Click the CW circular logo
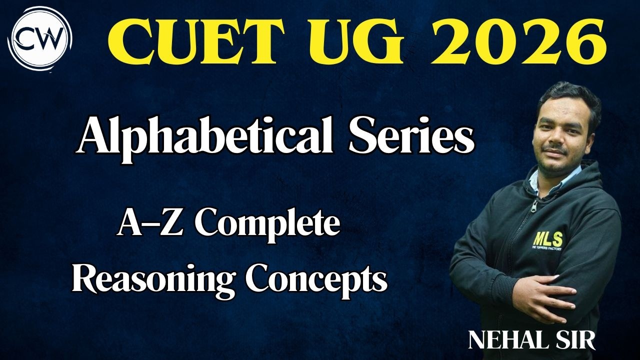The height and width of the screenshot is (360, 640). point(42,36)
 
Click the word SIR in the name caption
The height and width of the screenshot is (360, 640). point(575,340)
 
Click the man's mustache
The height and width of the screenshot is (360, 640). point(557,149)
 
